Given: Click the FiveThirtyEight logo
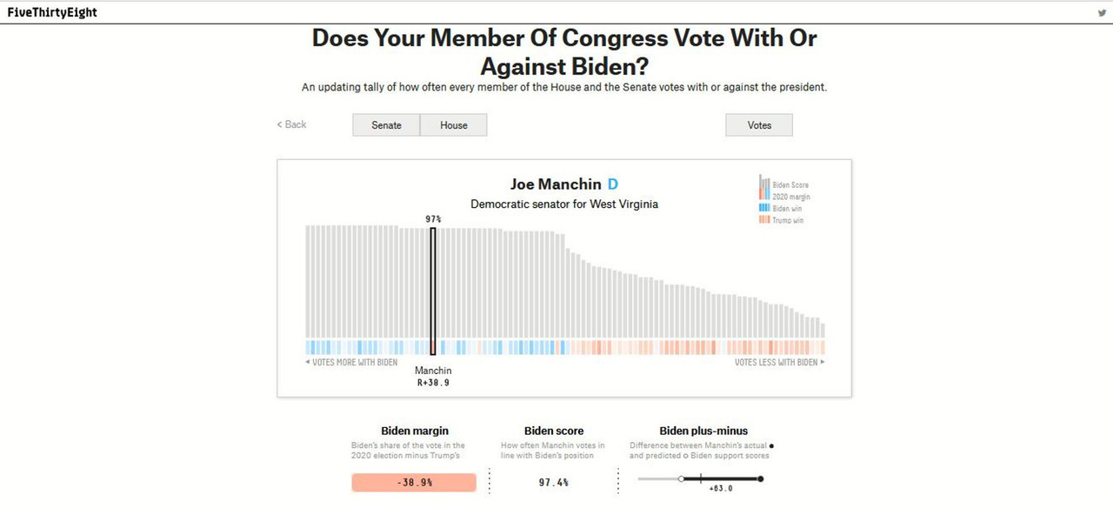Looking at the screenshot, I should pyautogui.click(x=52, y=13).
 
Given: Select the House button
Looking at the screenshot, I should pyautogui.click(x=453, y=125).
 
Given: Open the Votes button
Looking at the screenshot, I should pyautogui.click(x=759, y=125).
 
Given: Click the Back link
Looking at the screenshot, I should pyautogui.click(x=292, y=124).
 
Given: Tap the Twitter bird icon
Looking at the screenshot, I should pyautogui.click(x=1102, y=13).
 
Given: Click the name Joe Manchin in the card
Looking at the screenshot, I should pyautogui.click(x=556, y=184).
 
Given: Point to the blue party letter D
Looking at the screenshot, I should pyautogui.click(x=613, y=184).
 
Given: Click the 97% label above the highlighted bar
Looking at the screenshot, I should pyautogui.click(x=433, y=219).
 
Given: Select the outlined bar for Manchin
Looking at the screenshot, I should pyautogui.click(x=433, y=287).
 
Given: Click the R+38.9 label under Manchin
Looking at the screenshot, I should pyautogui.click(x=433, y=383).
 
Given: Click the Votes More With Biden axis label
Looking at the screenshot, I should pyautogui.click(x=351, y=363).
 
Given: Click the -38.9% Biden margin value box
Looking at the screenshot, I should pyautogui.click(x=414, y=482).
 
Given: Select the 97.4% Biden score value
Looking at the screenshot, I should pyautogui.click(x=554, y=482).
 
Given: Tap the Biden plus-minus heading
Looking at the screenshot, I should pyautogui.click(x=703, y=431).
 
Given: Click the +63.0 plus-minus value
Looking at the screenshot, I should pyautogui.click(x=721, y=489).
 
